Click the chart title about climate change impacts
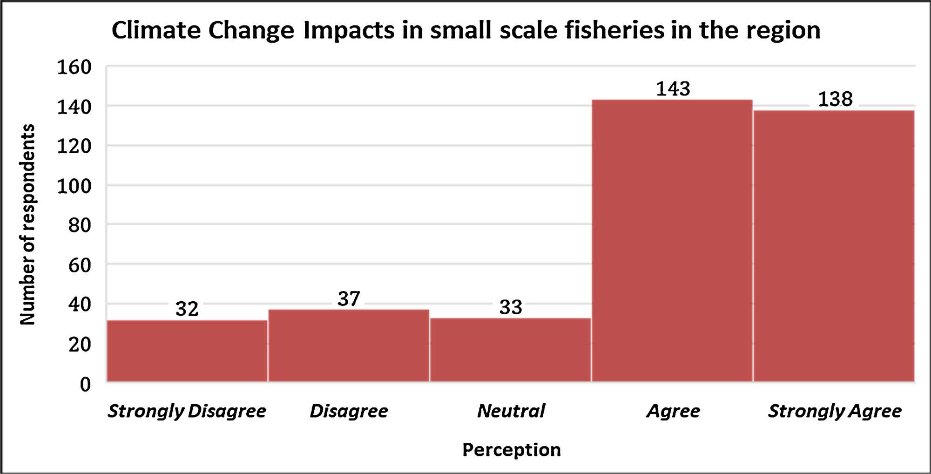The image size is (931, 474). point(465,31)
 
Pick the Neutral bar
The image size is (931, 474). point(511,350)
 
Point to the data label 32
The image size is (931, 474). point(187,309)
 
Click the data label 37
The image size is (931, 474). point(349,298)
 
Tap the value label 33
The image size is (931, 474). point(511,307)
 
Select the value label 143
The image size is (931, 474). point(673,88)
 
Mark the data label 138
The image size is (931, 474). point(835,99)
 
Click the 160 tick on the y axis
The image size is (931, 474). point(74,68)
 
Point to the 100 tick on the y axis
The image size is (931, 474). point(74,186)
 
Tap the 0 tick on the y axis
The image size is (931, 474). point(85,384)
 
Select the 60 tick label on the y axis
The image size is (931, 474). point(80,265)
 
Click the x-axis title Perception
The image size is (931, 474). point(511,450)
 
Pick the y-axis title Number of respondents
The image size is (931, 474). point(27,224)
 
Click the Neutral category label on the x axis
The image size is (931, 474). point(511,411)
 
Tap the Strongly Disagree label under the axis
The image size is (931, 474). point(187,411)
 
